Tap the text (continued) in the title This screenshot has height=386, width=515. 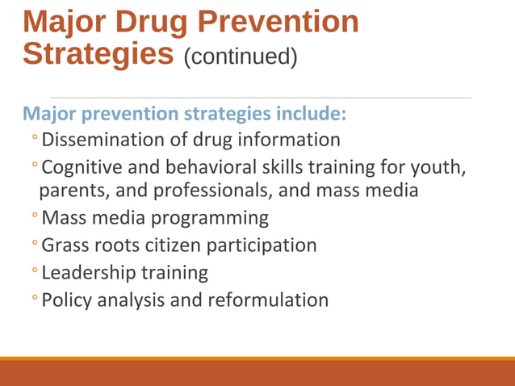point(240,57)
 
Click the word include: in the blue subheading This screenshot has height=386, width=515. point(312,113)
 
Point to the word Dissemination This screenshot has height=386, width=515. point(103,140)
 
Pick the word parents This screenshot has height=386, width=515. point(69,191)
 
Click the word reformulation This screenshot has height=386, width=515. point(268,300)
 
